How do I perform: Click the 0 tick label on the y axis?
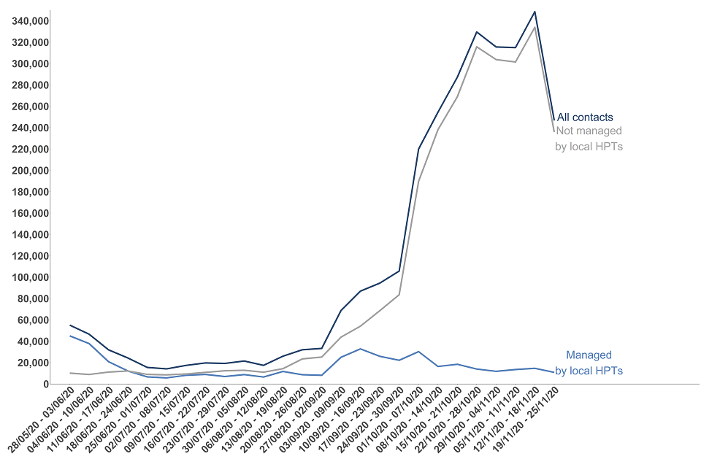[45, 384]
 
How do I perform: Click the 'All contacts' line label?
[585, 117]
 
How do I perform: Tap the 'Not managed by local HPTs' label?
[589, 139]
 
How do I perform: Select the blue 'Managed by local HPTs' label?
[589, 363]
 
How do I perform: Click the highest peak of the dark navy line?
[535, 12]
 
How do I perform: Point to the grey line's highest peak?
[535, 27]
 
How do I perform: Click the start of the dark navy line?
[70, 325]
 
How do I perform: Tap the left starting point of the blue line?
[70, 336]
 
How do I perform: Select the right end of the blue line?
[554, 372]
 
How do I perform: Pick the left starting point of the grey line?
[70, 373]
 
